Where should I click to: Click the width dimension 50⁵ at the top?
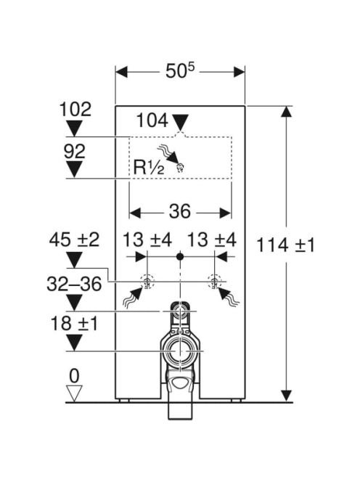coord(180,72)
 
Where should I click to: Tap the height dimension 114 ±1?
coord(285,245)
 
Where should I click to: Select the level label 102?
coord(75,109)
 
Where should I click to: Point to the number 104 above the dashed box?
coord(152,120)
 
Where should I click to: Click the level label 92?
coord(75,151)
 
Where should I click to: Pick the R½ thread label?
coord(149,168)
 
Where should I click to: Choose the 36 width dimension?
coord(180,211)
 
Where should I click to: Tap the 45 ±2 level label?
coord(75,240)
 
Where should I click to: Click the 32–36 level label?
coord(74,284)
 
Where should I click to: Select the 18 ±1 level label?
coord(74,323)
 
